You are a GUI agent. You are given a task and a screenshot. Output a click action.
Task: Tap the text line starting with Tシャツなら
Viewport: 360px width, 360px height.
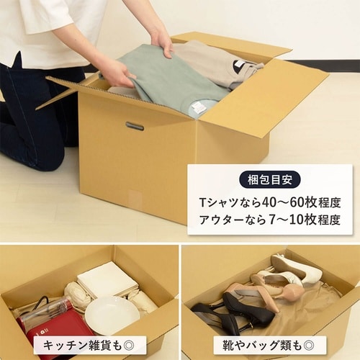coord(270,202)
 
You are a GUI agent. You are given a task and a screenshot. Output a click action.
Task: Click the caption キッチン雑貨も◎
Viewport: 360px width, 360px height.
coord(89,345)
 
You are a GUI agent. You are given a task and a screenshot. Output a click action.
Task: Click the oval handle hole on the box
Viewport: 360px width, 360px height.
coord(135,126)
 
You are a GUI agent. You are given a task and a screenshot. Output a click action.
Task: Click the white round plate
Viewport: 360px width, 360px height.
coord(112,314)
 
